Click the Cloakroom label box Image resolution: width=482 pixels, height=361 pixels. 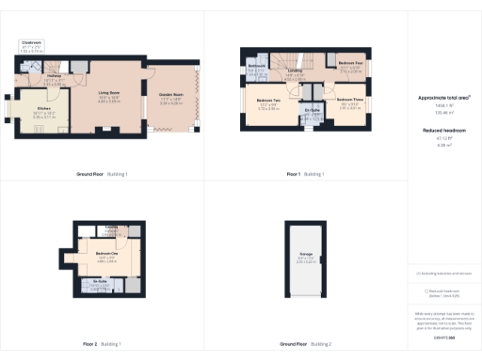pos(33,44)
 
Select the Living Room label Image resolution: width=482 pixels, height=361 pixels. pos(109,92)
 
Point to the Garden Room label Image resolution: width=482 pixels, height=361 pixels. pos(171,95)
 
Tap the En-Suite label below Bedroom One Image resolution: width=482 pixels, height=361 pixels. pos(100,280)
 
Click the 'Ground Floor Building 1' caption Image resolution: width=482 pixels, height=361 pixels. pos(102,174)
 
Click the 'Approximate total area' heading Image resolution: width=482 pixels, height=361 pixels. pos(444,97)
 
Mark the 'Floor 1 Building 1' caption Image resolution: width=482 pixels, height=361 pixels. pos(305,174)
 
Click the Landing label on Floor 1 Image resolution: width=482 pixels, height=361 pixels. pos(295,71)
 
